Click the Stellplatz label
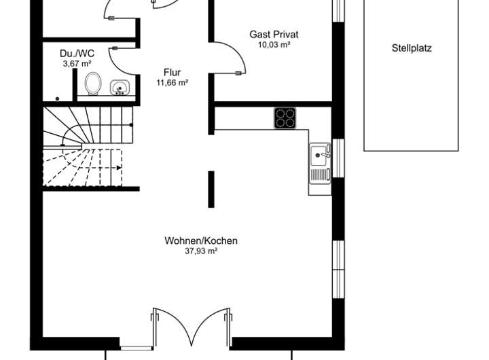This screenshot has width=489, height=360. tap(412, 48)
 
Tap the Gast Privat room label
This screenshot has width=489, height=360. tap(274, 34)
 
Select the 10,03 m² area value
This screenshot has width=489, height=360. tap(274, 45)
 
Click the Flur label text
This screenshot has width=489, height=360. tap(172, 72)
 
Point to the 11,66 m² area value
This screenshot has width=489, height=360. tap(172, 83)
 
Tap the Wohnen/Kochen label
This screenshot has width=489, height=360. tap(200, 240)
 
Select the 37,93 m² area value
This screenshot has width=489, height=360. tap(200, 251)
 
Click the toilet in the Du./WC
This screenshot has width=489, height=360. tap(93, 84)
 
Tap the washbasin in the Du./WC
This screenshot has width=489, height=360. tap(121, 88)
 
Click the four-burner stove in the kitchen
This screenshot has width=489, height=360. tap(285, 118)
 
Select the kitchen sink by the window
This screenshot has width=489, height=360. tap(319, 157)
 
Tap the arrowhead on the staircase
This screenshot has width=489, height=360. tap(120, 166)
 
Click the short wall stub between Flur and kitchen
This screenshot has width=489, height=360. tap(211, 189)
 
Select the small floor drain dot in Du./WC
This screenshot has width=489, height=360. tap(59, 98)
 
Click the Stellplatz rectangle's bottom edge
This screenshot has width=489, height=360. tap(412, 150)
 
